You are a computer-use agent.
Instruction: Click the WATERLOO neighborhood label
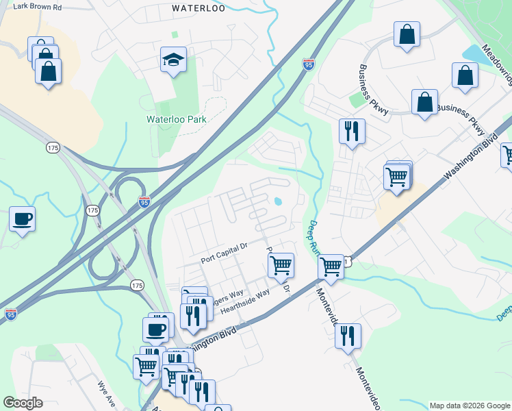click(x=199, y=9)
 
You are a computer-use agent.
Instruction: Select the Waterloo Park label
click(x=176, y=119)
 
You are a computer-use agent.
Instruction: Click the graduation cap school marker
click(x=174, y=60)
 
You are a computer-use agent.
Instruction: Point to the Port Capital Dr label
click(x=223, y=260)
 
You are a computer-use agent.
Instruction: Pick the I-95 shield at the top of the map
click(x=309, y=64)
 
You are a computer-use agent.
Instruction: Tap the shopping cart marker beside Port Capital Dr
click(x=281, y=264)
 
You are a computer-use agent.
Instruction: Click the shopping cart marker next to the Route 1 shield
click(x=331, y=266)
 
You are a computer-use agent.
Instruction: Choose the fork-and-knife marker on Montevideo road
click(x=348, y=336)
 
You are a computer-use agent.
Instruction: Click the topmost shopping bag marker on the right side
click(x=407, y=34)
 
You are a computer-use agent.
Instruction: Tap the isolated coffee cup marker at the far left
click(x=23, y=219)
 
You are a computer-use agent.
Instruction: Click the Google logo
click(x=23, y=403)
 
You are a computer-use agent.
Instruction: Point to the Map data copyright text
click(x=470, y=406)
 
